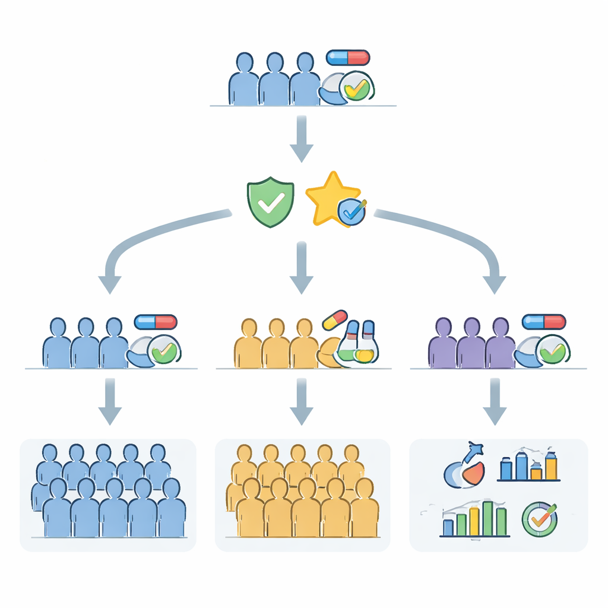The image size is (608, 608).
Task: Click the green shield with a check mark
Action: point(270,202)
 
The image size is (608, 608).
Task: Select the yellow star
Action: point(330,198)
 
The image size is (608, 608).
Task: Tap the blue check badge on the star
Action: point(351,211)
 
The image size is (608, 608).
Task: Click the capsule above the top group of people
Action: point(348,58)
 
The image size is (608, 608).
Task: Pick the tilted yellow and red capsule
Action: point(335,319)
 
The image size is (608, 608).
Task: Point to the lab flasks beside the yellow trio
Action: point(360,343)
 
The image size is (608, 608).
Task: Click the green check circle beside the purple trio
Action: point(552,350)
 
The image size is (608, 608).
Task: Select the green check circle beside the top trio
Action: point(356,88)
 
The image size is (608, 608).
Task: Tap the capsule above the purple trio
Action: point(544,322)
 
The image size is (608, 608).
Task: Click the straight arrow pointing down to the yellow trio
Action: point(302,267)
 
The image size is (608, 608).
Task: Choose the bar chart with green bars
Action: point(475,520)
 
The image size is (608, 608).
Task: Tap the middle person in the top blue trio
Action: point(274,80)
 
